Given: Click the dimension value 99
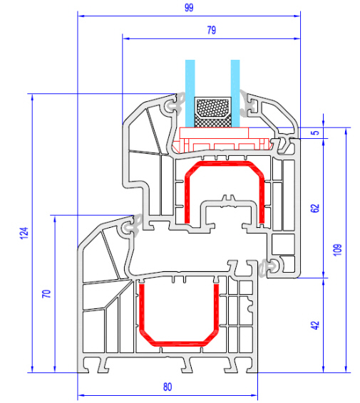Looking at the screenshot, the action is (189, 7).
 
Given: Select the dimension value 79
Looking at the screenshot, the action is (212, 30).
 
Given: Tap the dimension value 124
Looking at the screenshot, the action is (24, 233).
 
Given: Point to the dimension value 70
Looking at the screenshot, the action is (46, 293).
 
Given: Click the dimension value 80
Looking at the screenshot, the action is (168, 387).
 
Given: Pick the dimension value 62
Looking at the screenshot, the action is (315, 208).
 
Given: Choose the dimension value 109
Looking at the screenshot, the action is (337, 250).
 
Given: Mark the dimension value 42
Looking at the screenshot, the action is (315, 325).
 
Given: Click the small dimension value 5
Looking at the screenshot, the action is (315, 133).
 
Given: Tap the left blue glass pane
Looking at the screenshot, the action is (190, 93).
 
